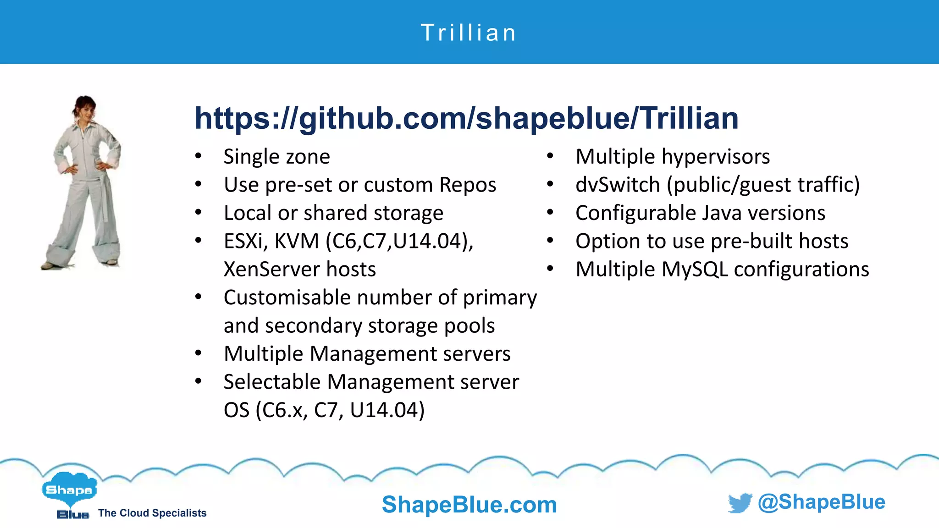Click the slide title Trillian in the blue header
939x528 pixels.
click(469, 33)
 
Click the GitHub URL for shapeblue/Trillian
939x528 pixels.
click(466, 118)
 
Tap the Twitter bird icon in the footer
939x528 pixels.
click(740, 503)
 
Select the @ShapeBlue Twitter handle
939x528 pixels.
click(821, 502)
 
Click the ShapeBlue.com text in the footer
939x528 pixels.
click(469, 505)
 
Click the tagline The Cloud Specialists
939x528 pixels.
click(152, 513)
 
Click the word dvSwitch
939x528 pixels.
click(618, 185)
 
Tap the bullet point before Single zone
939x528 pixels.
click(198, 157)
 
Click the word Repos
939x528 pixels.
click(468, 185)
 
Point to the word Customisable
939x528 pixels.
click(287, 297)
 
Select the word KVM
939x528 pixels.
click(297, 241)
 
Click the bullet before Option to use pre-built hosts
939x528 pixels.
click(550, 241)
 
